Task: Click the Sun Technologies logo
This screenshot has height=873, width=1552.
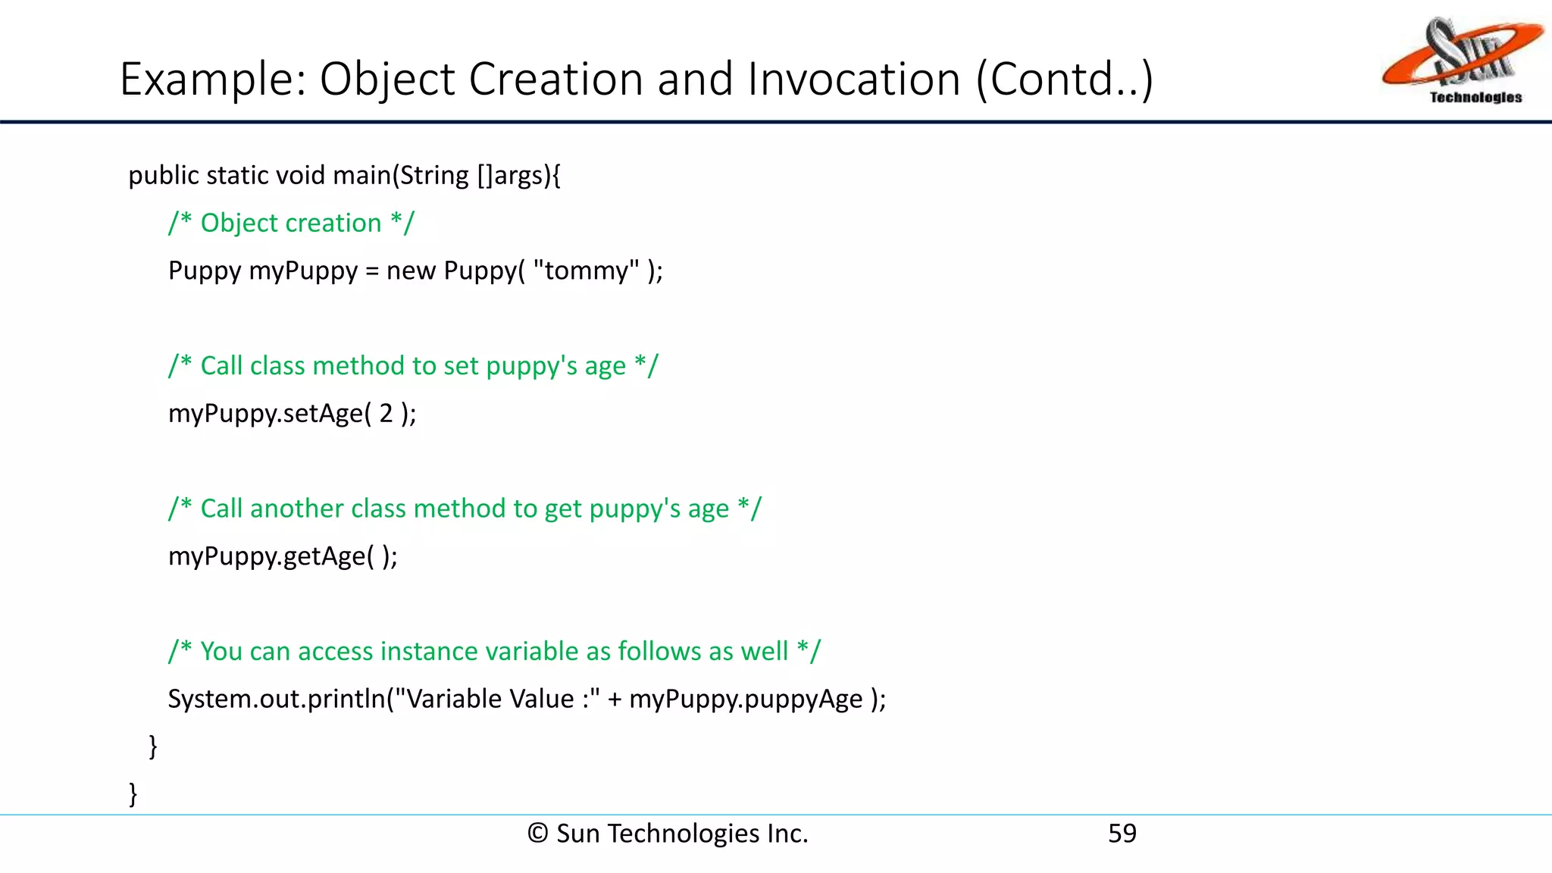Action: tap(1462, 61)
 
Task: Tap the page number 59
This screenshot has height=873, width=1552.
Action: tap(1122, 834)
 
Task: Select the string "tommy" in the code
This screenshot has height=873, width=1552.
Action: tap(587, 271)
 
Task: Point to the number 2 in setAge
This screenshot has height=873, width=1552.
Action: tap(386, 413)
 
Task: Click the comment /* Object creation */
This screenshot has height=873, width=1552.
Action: tap(291, 223)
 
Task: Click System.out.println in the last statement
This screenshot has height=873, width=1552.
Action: tap(277, 699)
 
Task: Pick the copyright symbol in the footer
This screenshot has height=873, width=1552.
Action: tap(537, 834)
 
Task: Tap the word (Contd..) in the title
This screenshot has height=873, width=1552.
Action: tap(1064, 79)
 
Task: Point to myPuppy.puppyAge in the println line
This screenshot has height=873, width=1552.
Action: tap(746, 699)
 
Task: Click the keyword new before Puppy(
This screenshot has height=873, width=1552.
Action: tap(411, 271)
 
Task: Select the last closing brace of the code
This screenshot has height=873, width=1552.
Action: tap(133, 793)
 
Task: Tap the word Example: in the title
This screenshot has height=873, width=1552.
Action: tap(213, 79)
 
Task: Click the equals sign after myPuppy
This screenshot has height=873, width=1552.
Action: tap(371, 271)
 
